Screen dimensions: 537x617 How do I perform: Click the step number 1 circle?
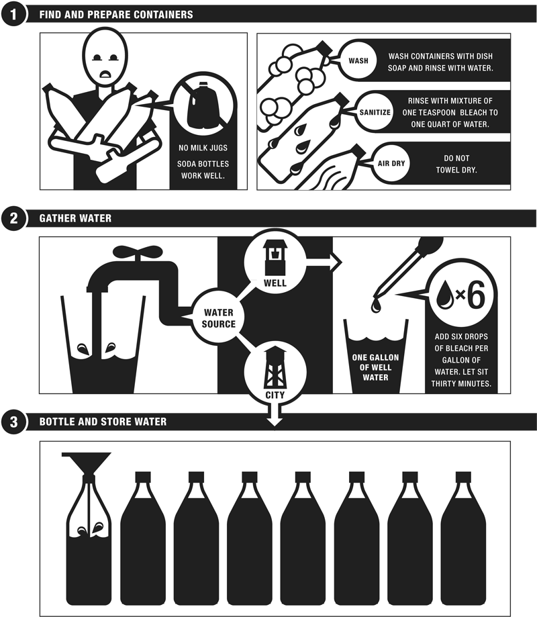14,15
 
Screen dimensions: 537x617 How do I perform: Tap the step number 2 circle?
14,218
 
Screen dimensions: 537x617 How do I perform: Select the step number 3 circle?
14,422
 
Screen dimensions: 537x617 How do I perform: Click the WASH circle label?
358,60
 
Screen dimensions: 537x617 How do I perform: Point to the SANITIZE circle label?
375,112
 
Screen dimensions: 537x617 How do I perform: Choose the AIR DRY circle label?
391,163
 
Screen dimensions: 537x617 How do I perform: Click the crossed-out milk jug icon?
203,105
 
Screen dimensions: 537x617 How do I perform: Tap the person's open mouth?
105,74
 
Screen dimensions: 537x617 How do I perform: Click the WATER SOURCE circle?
218,318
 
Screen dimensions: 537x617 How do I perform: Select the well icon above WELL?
275,258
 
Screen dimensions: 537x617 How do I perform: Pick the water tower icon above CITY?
275,368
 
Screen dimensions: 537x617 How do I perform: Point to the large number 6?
476,295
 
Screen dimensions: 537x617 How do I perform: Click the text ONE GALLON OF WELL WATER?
375,367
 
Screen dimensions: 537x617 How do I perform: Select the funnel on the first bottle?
87,465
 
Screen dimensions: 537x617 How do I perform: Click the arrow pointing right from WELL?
324,263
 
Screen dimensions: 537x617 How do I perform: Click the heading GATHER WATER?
75,218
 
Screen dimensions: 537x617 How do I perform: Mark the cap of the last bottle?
463,477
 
